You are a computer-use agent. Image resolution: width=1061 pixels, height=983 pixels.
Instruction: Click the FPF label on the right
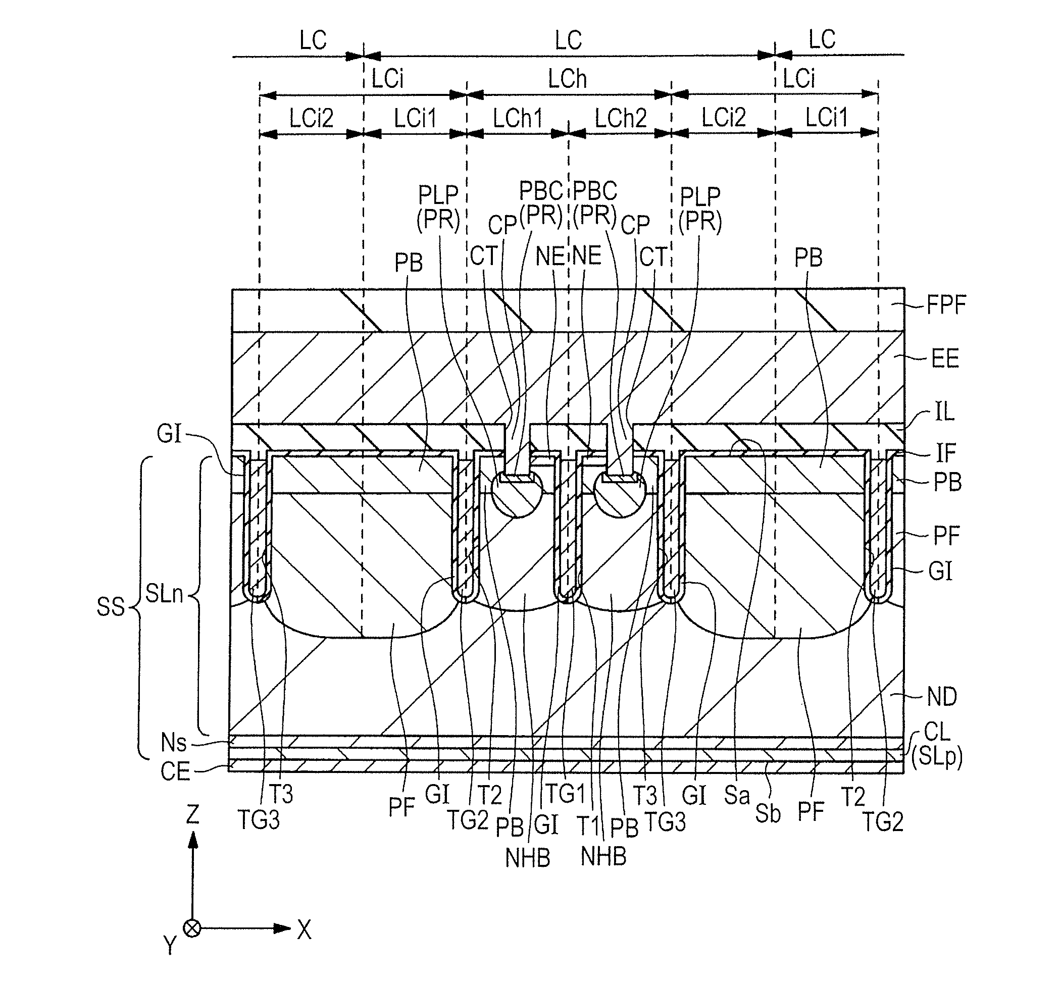coord(946,305)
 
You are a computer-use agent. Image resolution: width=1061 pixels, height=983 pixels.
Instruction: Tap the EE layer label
coord(945,359)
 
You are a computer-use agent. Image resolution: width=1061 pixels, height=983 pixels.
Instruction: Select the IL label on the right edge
coord(944,412)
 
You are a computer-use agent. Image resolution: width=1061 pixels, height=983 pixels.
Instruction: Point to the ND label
coord(942,696)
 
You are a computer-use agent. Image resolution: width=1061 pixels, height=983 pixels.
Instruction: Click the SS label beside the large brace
coord(111,607)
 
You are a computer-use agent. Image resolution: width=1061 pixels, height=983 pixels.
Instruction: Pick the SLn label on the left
coord(164,594)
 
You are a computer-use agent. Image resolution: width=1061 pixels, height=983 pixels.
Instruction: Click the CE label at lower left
coord(175,771)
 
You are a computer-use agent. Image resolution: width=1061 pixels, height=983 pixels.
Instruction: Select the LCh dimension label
coord(567,80)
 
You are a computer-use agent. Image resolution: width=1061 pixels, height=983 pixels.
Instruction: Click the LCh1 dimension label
coord(517,118)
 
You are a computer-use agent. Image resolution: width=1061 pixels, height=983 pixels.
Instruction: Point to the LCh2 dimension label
coord(621,118)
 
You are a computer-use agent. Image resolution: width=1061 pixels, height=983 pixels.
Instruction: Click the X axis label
coord(304,929)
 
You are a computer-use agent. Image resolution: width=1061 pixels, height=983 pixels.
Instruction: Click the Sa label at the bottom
coord(736,795)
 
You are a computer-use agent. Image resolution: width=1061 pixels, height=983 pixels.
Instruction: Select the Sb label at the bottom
coord(767,814)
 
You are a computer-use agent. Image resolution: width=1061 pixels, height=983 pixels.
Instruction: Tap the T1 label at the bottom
coord(589,826)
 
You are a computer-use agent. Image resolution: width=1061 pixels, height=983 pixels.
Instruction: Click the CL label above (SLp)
coord(936,733)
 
